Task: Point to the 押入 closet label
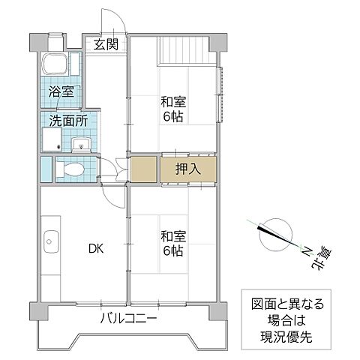[188, 169]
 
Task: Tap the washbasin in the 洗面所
[82, 142]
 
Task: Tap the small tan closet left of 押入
[142, 169]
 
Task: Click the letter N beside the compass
[307, 250]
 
